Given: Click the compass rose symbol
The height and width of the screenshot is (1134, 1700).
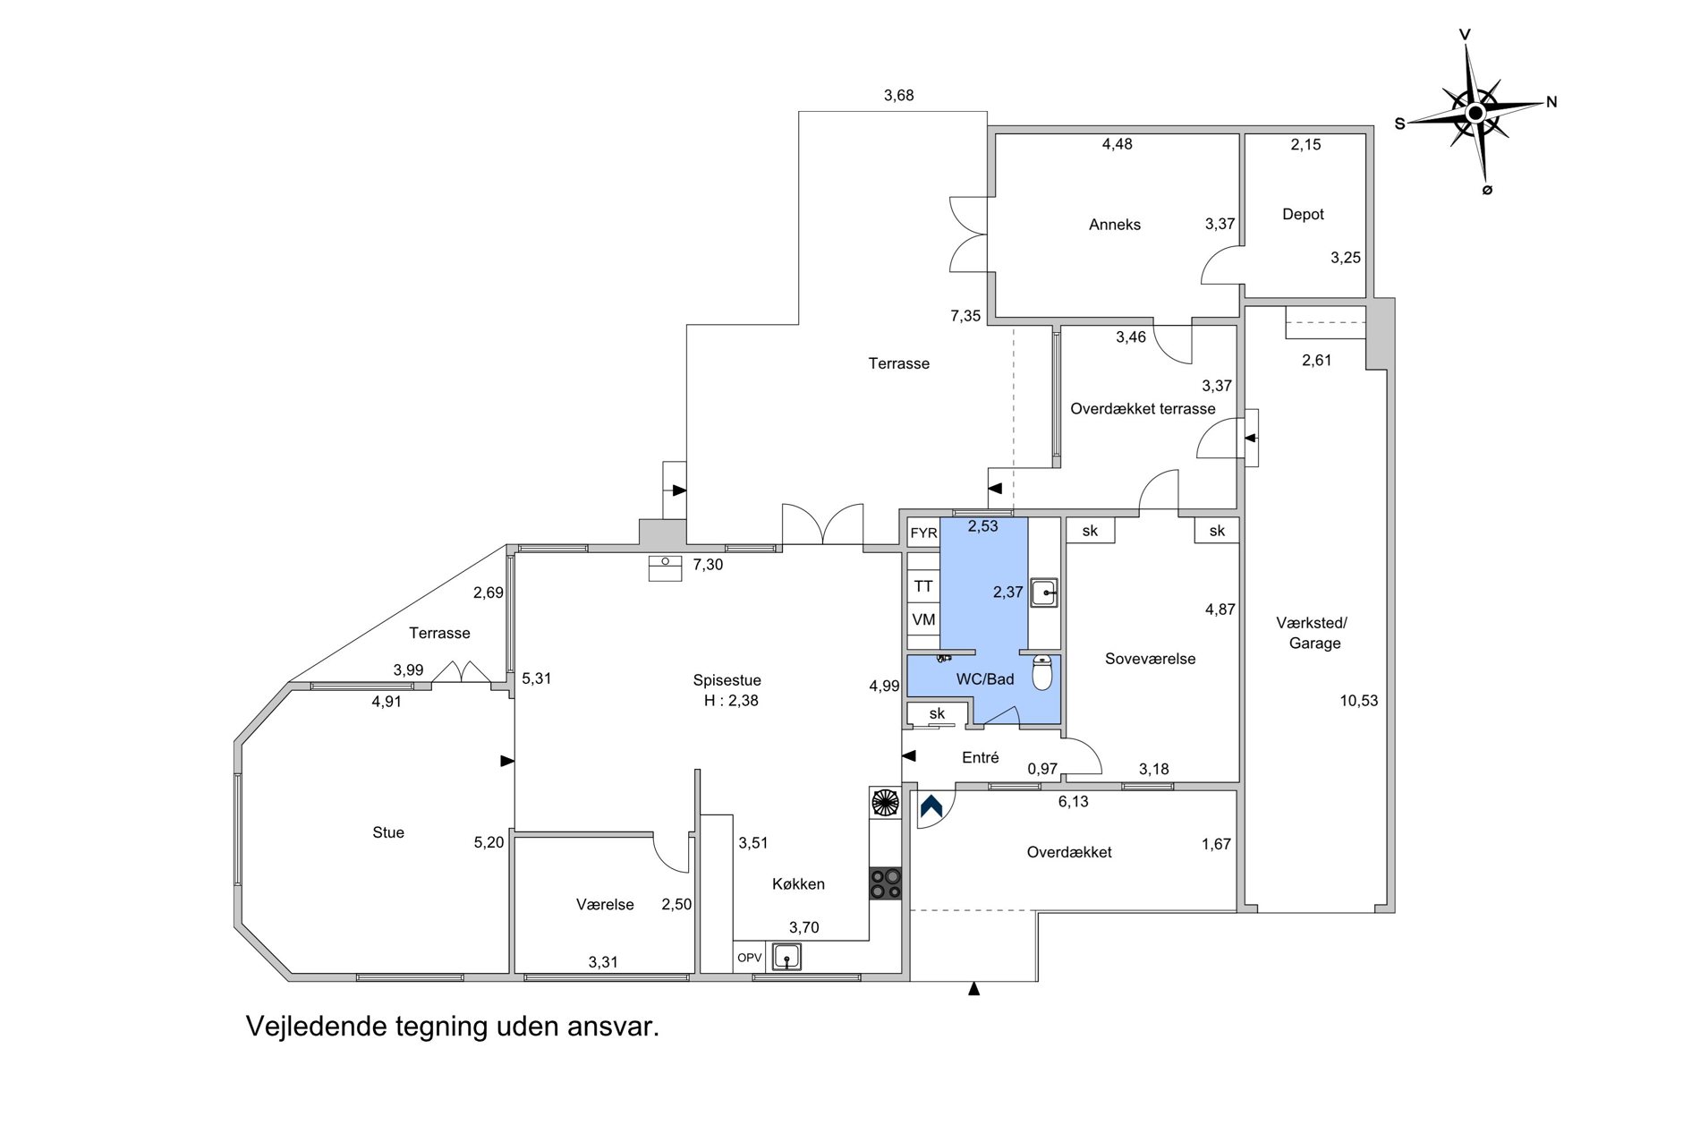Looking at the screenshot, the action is [x=1475, y=112].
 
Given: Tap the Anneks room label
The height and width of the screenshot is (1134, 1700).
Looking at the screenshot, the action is [x=1114, y=225].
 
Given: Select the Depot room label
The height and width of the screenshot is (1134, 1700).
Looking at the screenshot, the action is [x=1303, y=214].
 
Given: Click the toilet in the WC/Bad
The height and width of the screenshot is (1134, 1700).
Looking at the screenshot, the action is [x=1042, y=672].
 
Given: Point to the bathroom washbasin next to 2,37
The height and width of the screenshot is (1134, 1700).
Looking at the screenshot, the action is [x=1044, y=593].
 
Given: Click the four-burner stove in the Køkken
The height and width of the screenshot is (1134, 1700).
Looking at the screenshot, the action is [x=886, y=883].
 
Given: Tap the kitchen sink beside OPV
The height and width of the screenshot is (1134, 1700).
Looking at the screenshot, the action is [x=786, y=957].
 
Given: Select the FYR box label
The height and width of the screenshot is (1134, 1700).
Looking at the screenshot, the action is [x=923, y=533].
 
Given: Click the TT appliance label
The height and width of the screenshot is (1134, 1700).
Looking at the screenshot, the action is [x=923, y=586].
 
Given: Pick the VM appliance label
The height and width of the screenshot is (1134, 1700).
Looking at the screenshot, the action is [x=923, y=619].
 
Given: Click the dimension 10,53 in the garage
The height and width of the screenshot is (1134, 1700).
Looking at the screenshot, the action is [x=1358, y=701].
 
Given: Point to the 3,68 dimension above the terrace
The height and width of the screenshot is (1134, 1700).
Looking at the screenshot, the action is [x=898, y=96].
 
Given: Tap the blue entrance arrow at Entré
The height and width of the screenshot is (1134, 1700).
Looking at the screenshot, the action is [x=931, y=806].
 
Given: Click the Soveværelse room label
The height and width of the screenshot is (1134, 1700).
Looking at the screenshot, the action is [x=1150, y=659].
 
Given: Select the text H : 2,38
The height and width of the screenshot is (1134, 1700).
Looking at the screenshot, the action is [x=731, y=701].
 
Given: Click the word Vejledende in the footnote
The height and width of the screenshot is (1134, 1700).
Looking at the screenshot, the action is [x=316, y=1026].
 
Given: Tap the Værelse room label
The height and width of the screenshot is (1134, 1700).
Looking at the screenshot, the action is [x=605, y=905].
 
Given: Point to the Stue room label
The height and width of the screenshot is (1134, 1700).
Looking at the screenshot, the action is [x=388, y=832].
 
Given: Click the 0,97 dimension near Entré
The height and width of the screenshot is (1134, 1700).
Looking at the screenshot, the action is [x=1042, y=769].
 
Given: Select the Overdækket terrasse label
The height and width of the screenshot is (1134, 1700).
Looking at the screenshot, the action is [x=1143, y=409].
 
